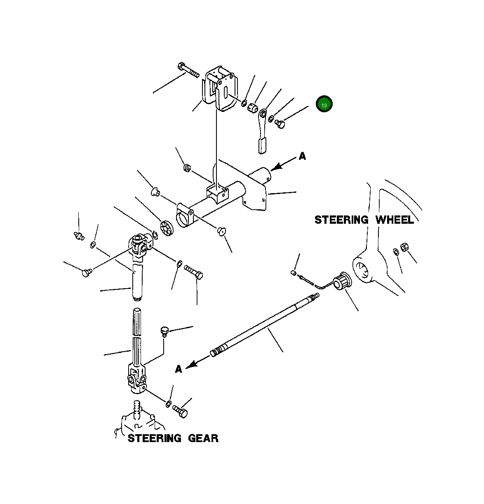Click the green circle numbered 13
[324, 104]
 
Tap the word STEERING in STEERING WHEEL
[341, 220]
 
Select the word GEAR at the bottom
[203, 438]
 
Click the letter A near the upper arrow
[302, 156]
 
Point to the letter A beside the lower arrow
[179, 369]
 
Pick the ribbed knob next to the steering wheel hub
[342, 282]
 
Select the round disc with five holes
[166, 228]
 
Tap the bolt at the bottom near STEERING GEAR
[181, 411]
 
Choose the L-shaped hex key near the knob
[317, 283]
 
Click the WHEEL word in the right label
[394, 220]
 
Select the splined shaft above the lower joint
[137, 336]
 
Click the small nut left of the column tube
[186, 168]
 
